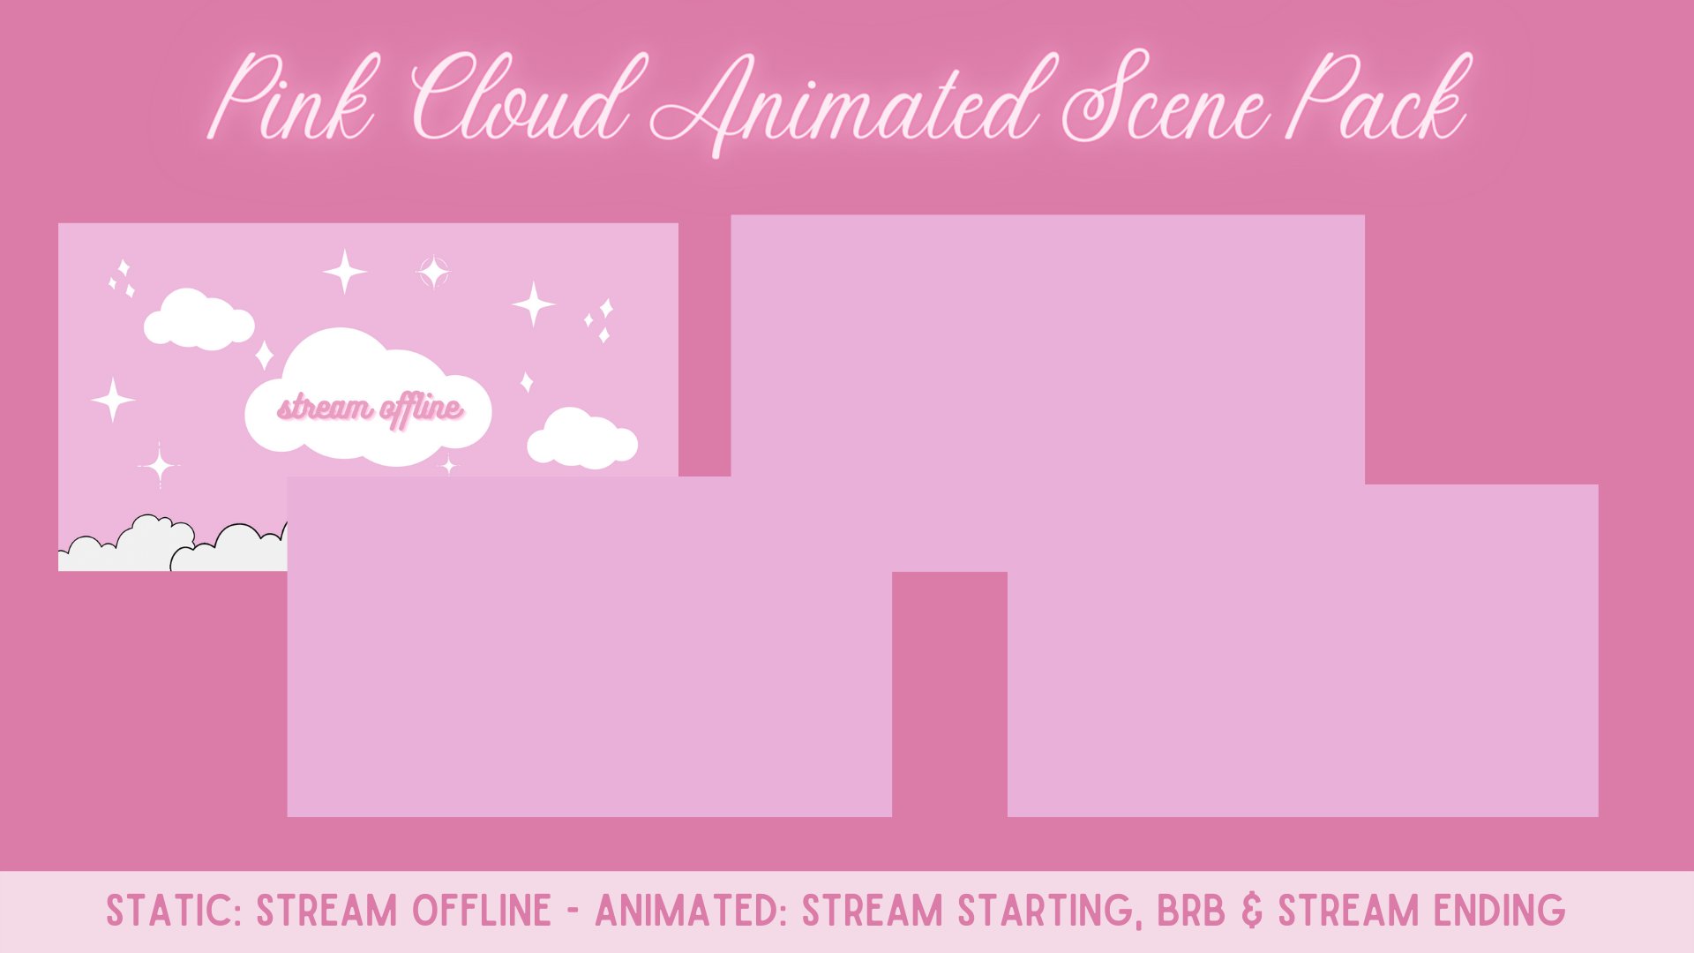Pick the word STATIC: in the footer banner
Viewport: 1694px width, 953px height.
tap(174, 912)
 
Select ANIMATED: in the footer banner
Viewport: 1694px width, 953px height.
tap(691, 912)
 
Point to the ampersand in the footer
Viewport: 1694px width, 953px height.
tap(1252, 912)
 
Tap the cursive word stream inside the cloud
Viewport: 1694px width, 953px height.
tap(325, 409)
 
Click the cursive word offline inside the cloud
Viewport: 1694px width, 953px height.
tap(421, 409)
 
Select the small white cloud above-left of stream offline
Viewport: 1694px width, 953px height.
tap(199, 319)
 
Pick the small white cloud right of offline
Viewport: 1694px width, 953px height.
tap(581, 439)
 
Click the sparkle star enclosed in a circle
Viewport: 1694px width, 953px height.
tap(433, 272)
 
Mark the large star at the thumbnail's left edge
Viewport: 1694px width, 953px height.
tap(113, 400)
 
